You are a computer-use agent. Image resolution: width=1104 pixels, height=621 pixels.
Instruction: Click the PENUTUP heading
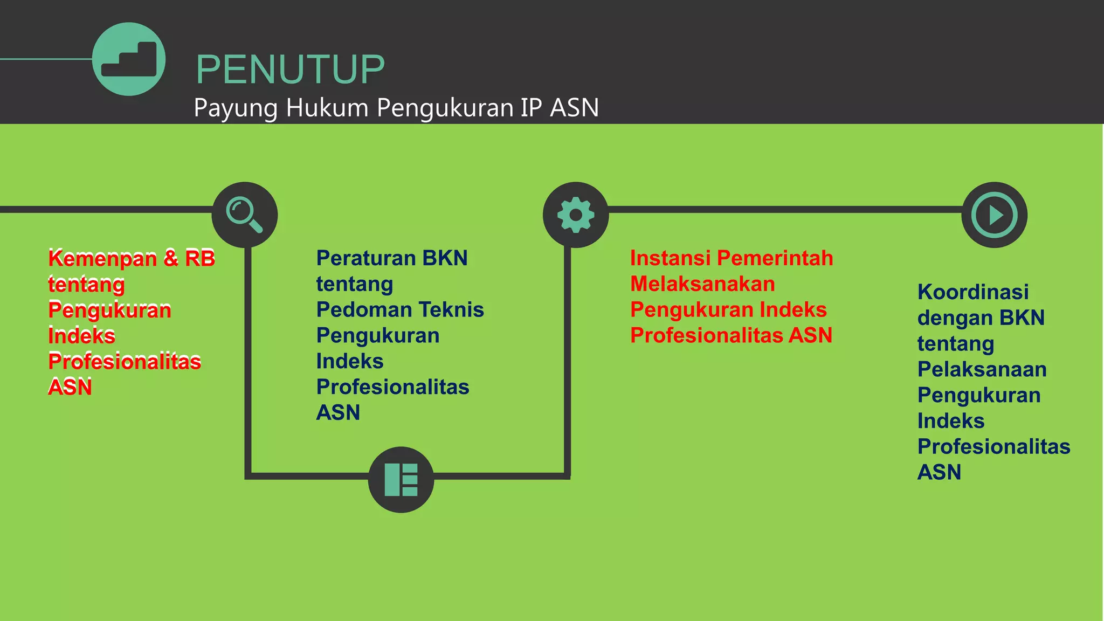pos(290,70)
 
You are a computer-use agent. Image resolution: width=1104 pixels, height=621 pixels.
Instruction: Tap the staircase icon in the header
pos(129,59)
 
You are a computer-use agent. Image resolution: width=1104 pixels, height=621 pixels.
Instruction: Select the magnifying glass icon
pos(245,215)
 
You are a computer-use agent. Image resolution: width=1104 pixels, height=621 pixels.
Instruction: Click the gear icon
pos(576,215)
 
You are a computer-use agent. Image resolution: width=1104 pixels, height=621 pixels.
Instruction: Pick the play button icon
pos(995,215)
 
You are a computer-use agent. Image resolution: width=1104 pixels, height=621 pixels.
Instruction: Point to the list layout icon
pos(401,479)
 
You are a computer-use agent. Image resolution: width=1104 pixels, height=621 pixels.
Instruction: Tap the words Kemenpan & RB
pos(132,258)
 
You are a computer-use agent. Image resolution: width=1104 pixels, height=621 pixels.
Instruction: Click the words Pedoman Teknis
pos(400,310)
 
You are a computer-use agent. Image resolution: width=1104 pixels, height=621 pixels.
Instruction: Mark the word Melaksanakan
pos(702,284)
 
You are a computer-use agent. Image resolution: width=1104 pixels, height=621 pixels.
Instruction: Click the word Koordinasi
pos(973,292)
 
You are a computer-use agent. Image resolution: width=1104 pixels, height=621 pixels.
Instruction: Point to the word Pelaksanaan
pos(982,369)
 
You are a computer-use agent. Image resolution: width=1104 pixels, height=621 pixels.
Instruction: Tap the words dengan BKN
pos(981,318)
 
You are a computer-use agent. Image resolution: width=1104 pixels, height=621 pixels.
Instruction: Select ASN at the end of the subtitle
pos(574,107)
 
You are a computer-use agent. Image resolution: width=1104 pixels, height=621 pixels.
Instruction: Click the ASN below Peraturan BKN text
pos(338,413)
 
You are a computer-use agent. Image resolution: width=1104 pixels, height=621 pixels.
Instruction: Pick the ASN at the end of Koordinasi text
pos(939,472)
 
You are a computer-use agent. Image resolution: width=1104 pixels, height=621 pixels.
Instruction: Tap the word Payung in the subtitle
pos(236,108)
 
